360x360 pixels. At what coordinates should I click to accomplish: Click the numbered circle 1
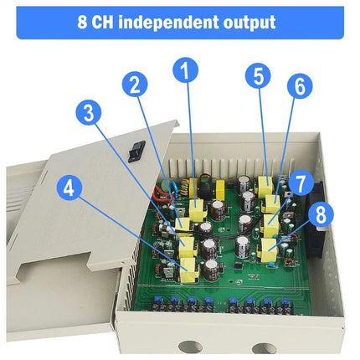(185, 70)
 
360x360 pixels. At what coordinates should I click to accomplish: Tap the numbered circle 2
(135, 85)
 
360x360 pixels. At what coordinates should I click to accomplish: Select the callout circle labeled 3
(89, 113)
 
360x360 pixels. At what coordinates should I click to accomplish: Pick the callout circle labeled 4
(69, 188)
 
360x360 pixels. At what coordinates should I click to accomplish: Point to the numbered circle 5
(258, 76)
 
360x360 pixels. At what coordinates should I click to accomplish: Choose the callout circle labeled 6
(300, 86)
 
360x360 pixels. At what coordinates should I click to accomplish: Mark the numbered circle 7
(301, 183)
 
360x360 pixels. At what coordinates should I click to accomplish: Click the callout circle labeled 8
(321, 215)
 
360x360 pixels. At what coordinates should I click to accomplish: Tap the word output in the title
(249, 23)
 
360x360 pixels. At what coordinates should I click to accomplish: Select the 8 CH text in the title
(95, 23)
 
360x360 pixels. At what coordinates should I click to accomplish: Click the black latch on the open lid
(136, 152)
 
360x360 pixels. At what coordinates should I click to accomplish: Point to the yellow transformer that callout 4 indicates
(188, 270)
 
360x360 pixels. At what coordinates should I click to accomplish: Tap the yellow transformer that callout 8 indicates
(267, 249)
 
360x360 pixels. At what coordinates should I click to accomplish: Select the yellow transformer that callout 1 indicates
(198, 208)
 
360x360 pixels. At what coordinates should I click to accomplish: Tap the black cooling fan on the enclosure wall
(316, 219)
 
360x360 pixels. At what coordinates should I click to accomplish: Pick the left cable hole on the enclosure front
(190, 347)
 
